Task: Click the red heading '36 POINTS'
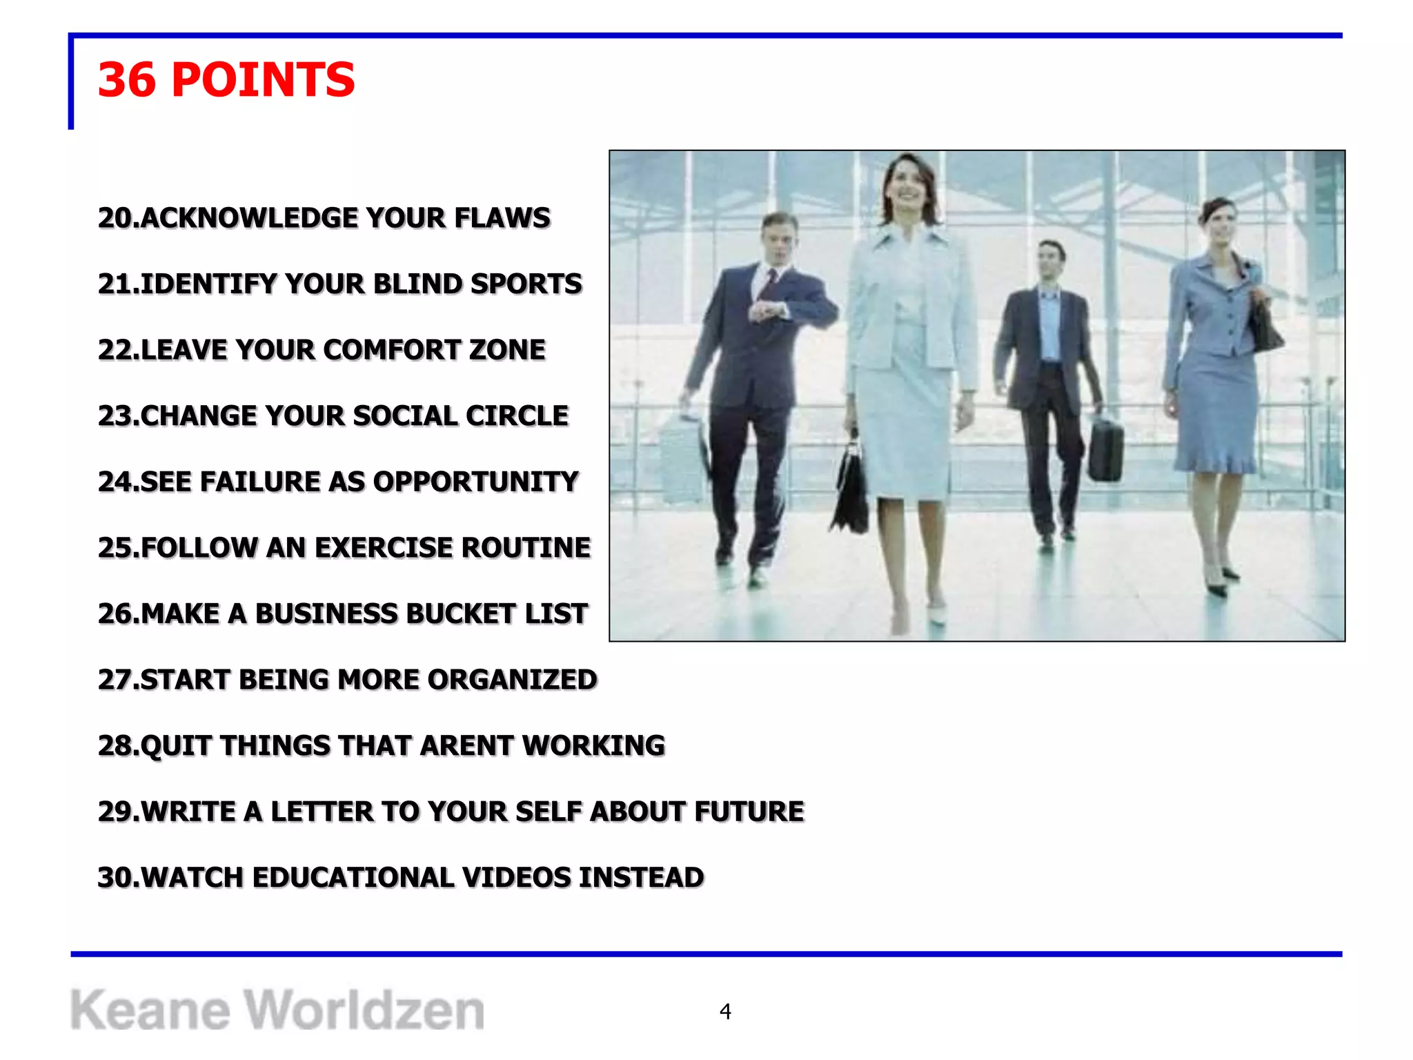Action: (x=226, y=80)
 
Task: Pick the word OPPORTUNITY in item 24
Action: (x=475, y=482)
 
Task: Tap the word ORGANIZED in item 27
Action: (x=512, y=680)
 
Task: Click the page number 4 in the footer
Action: (x=724, y=1011)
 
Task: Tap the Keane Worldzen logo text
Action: (x=277, y=1010)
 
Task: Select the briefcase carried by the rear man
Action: (x=1105, y=449)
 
